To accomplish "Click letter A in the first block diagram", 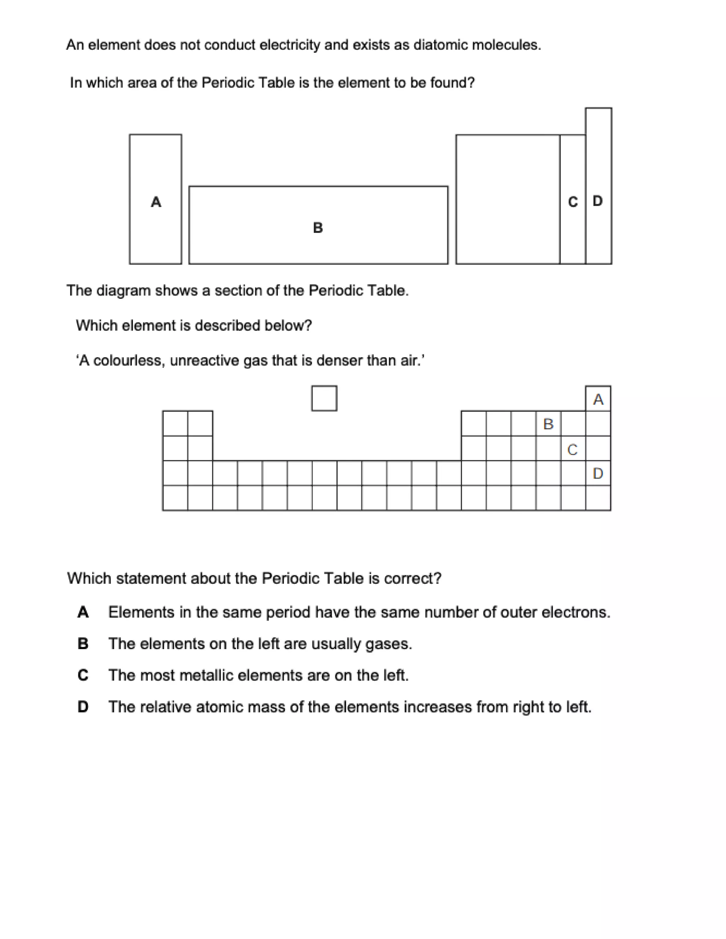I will click(156, 202).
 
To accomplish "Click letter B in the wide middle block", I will click(318, 227).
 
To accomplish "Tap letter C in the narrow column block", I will click(573, 202).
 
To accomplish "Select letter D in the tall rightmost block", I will click(597, 201).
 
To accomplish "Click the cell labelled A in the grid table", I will click(598, 399).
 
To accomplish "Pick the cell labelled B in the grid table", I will click(548, 424).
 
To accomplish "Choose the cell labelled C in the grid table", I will click(573, 449).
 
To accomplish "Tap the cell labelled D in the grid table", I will click(598, 473).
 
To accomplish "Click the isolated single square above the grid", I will click(324, 399).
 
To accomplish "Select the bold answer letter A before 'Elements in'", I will click(83, 612).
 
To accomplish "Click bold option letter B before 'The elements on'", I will click(83, 643).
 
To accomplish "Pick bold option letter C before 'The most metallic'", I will click(83, 675).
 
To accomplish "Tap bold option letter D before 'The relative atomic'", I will click(83, 707).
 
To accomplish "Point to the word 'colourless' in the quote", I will click(129, 360).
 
